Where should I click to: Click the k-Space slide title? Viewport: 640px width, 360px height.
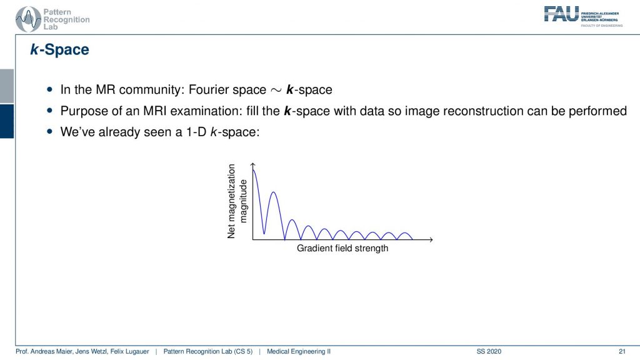(59, 49)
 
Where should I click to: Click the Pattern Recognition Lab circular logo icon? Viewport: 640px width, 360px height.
(28, 19)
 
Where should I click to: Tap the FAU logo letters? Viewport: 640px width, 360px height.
(561, 14)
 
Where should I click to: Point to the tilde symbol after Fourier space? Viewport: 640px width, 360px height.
(276, 90)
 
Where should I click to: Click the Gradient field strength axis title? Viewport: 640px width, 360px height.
(342, 248)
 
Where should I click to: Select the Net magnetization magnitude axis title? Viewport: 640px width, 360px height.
(237, 201)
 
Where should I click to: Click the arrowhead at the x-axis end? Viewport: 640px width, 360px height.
(430, 239)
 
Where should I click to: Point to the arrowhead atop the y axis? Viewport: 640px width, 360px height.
(253, 165)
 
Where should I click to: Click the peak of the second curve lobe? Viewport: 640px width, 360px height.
(274, 192)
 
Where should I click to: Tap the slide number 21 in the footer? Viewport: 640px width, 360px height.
(622, 351)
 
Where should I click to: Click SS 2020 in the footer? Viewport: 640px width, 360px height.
(489, 351)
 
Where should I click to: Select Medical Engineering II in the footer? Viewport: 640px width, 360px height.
(299, 351)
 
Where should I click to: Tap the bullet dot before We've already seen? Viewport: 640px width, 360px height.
(50, 131)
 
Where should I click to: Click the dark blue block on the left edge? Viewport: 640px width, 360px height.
(7, 121)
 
